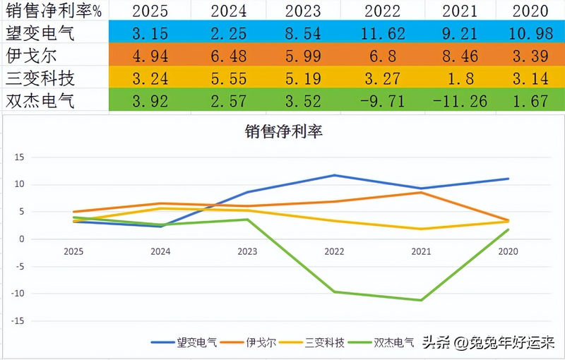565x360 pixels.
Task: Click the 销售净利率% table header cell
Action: pyautogui.click(x=54, y=11)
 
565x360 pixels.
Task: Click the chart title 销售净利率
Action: pyautogui.click(x=282, y=131)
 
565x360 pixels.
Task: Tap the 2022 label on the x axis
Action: pyautogui.click(x=334, y=251)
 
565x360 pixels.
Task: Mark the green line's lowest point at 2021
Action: pyautogui.click(x=421, y=301)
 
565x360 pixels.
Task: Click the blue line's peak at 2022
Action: pyautogui.click(x=334, y=175)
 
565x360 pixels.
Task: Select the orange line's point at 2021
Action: pyautogui.click(x=421, y=192)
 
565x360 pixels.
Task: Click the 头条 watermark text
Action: pyautogui.click(x=435, y=344)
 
